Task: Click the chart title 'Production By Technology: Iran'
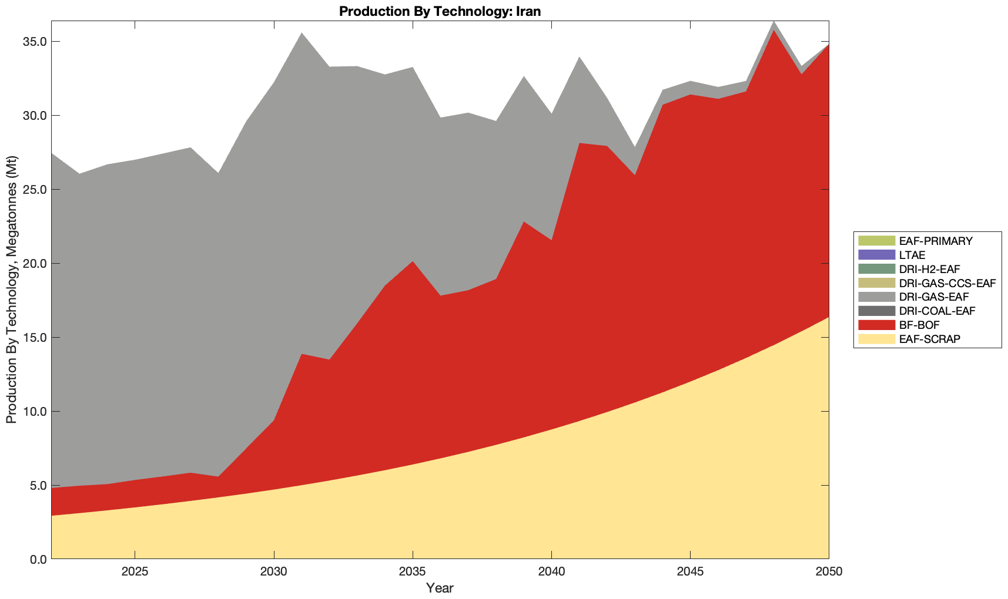[x=440, y=11]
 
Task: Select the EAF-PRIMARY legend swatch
[x=876, y=241]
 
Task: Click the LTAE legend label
[x=912, y=255]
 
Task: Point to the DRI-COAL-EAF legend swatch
[x=876, y=311]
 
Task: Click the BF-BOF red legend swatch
[x=876, y=325]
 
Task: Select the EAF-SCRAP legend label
[x=930, y=339]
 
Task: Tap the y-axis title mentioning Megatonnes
[x=11, y=290]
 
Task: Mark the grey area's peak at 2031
[x=302, y=33]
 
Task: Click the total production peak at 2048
[x=773, y=22]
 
